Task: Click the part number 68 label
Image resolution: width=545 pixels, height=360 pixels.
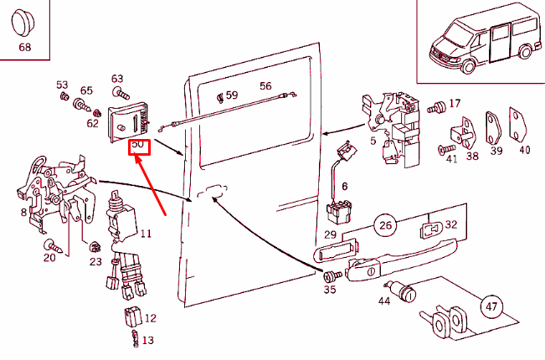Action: coord(25,47)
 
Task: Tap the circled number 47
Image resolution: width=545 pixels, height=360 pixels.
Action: coord(491,307)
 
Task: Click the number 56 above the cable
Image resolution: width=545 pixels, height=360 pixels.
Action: coord(265,86)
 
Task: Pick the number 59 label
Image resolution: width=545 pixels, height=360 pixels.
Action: coord(232,95)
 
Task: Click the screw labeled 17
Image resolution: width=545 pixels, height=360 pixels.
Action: coord(435,108)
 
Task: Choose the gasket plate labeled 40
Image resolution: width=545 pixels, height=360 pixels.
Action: coord(519,125)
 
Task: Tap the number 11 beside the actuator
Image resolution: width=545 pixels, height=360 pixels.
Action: coord(146,234)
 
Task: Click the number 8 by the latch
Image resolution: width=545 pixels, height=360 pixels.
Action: coord(23,213)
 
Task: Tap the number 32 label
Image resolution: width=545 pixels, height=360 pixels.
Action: coord(451,225)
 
